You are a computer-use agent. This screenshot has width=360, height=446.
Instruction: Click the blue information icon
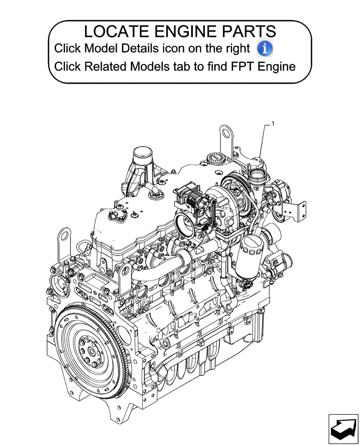pos(265,48)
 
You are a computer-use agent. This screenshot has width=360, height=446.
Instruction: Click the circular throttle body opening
pos(184,223)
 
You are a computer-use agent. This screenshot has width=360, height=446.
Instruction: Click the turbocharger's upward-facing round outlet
pos(258,171)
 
